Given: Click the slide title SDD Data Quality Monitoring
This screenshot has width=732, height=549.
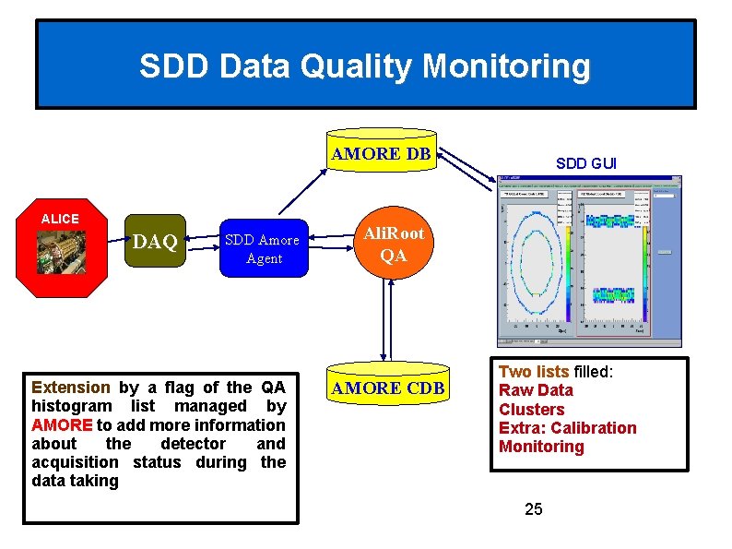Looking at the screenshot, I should pos(365,66).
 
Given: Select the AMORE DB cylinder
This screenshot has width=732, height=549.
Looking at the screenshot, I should pos(381,155).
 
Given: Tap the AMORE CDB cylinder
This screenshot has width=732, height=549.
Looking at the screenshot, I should pos(387,388).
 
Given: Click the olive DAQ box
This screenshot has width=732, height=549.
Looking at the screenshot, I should pos(155,243).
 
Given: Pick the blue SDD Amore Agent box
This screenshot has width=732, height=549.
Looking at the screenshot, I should pos(264,249).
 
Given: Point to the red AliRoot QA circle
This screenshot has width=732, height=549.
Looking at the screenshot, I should pos(393,245).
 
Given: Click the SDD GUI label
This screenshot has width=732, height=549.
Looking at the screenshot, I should pos(586,163).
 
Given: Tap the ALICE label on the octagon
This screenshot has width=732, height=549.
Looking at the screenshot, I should pos(60,219).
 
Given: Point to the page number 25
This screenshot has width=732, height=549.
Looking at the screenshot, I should pos(533,508).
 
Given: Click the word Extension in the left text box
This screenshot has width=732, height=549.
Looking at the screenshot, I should pos(70,388).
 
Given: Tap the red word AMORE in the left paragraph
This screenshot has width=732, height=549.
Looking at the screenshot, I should pos(62,425).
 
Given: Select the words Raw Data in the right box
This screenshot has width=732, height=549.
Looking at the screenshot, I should pos(536,390).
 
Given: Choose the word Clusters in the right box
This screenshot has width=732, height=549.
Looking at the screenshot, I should pos(531,409).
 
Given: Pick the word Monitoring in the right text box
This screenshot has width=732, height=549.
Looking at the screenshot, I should pos(541,447).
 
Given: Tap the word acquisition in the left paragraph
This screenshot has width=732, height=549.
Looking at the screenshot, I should pos(75,462).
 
